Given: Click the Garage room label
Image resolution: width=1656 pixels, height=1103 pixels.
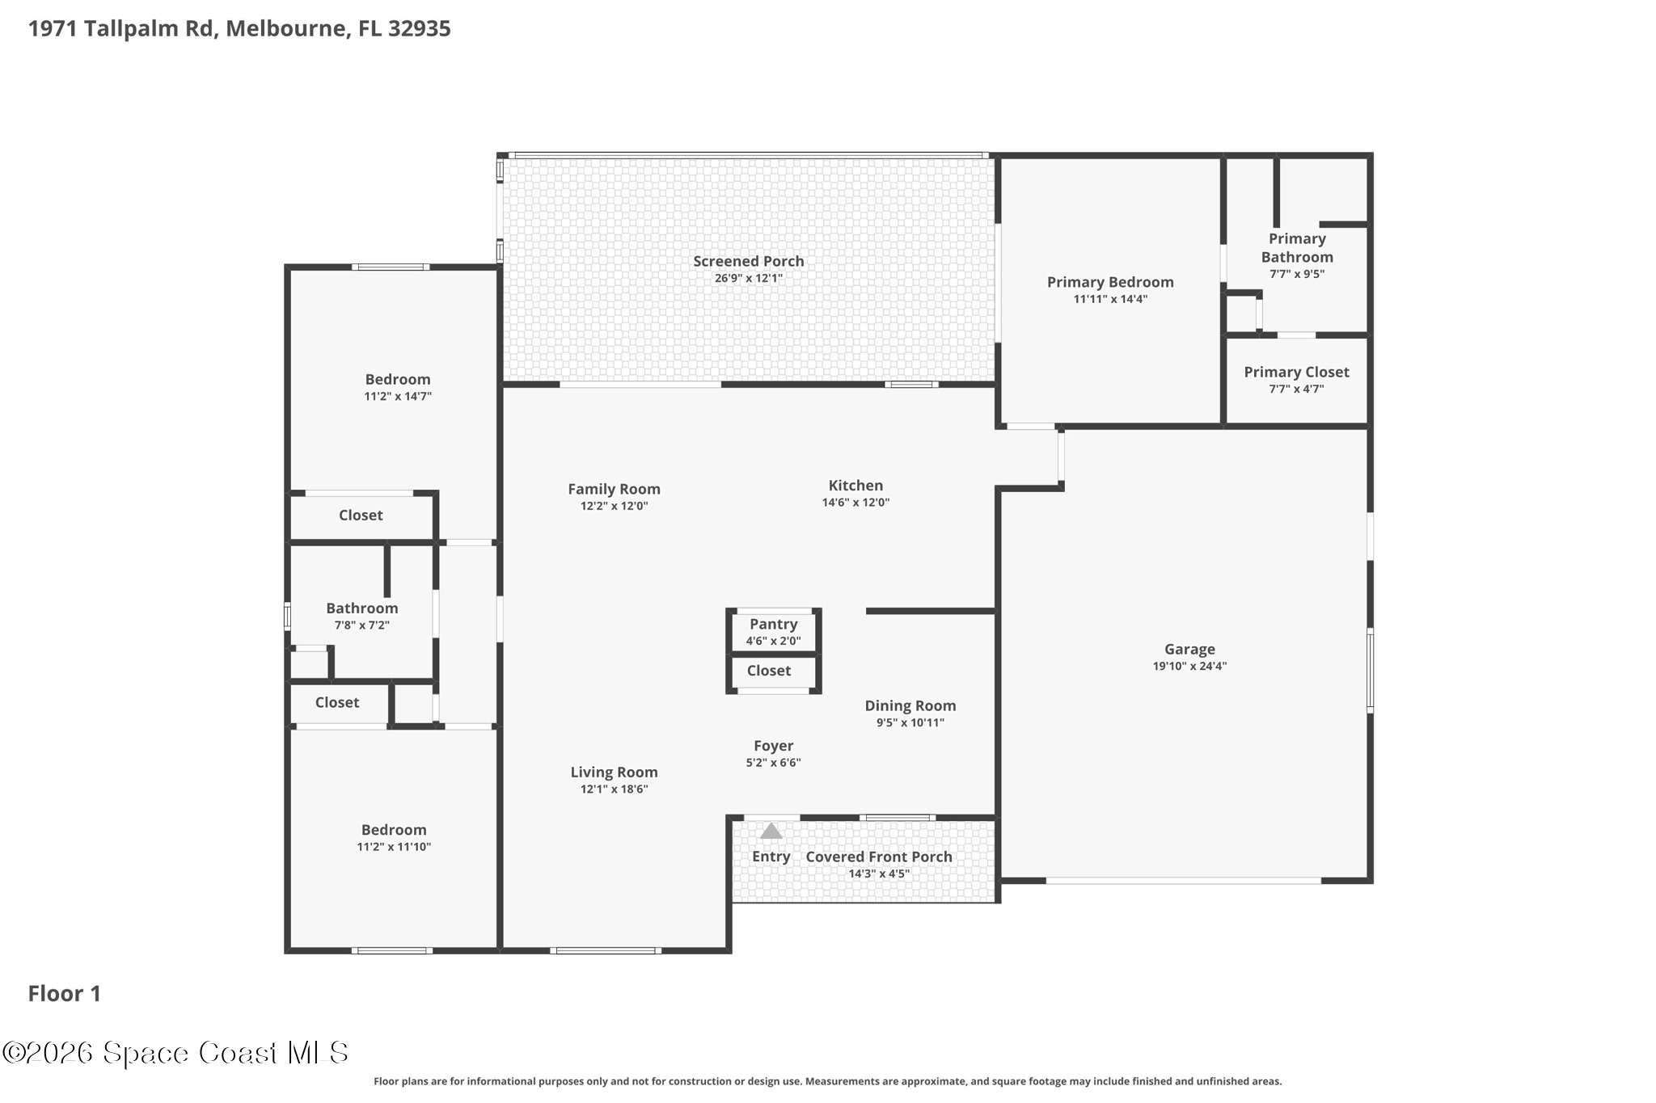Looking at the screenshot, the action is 1189,649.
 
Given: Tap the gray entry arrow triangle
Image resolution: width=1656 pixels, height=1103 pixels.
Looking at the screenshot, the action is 771,831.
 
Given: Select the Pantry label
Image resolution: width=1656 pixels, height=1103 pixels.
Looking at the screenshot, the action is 773,624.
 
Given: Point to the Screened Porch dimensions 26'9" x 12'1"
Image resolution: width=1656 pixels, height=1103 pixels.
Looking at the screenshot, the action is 748,279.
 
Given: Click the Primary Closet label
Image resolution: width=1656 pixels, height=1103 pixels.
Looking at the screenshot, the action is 1296,372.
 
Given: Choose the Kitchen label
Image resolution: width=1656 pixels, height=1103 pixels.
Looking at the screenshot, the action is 855,485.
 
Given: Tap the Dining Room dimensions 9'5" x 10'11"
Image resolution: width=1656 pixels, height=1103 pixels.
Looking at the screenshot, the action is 910,723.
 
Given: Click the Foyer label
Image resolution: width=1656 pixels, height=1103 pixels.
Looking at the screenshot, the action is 773,746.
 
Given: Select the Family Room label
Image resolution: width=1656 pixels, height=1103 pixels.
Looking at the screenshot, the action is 614,489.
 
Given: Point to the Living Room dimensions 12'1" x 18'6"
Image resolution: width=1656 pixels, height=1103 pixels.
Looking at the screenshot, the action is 614,789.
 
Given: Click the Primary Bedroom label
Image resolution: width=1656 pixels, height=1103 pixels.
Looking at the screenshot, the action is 1110,282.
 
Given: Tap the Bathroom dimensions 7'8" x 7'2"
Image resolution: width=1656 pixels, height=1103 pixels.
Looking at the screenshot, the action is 362,625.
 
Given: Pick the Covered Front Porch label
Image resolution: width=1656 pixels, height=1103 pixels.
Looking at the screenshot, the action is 879,857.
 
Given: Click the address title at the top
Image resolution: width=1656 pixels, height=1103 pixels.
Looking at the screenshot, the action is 239,28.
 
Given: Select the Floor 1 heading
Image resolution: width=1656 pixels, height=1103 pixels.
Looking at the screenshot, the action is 65,993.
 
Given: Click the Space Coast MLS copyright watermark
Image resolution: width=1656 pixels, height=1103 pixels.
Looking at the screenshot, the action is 175,1052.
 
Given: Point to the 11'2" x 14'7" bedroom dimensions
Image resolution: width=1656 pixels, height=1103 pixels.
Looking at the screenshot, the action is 398,397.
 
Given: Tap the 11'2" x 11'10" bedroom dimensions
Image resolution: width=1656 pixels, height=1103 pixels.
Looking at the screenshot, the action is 394,847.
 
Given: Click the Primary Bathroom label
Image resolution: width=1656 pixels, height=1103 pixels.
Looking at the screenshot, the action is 1297,248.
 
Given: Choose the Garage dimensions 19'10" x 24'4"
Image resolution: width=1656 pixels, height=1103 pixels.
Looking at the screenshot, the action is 1189,667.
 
